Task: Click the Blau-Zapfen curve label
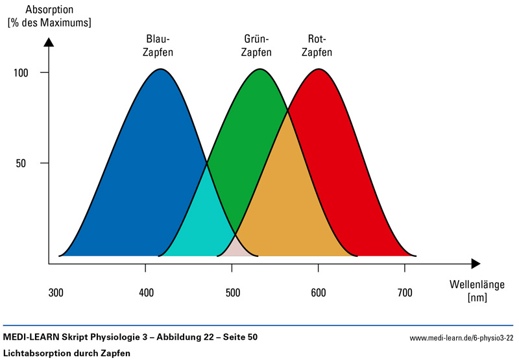(x=158, y=45)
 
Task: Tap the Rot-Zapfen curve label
(x=319, y=45)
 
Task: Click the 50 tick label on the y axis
(x=21, y=163)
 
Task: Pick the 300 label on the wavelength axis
(x=57, y=293)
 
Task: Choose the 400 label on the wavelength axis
(x=147, y=293)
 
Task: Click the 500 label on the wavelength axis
(x=233, y=293)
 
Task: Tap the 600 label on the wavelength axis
(x=319, y=293)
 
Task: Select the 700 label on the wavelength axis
(x=404, y=293)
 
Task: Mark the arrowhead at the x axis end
(x=476, y=263)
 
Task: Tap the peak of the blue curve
(x=160, y=69)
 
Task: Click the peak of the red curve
(x=319, y=69)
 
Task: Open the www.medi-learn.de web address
(x=461, y=338)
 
